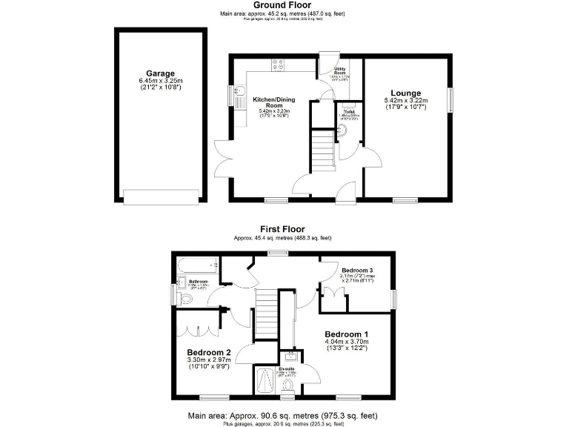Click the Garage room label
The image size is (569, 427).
(x=160, y=73)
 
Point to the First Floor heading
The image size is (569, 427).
(x=282, y=229)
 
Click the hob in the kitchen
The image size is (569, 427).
(x=280, y=65)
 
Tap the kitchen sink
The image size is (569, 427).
(x=239, y=94)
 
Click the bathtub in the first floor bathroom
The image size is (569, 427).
(x=195, y=265)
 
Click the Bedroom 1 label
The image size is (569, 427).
(x=346, y=334)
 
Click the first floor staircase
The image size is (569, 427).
(x=265, y=305)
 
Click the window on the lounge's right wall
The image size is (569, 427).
(x=448, y=99)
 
